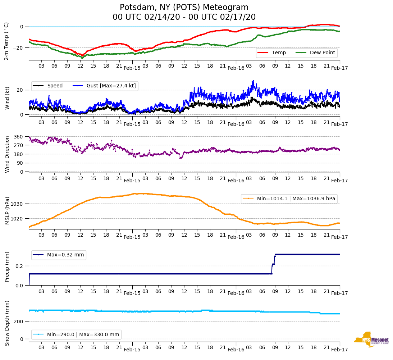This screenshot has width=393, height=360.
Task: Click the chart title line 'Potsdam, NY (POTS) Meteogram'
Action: tap(184, 8)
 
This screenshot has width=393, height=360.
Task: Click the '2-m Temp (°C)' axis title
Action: tap(6, 41)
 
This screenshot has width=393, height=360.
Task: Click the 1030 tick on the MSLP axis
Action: tap(17, 204)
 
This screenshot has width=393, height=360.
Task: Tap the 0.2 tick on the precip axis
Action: tap(20, 266)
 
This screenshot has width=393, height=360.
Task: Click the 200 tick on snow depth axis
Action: tap(19, 322)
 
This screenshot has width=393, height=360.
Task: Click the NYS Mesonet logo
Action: tap(371, 340)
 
